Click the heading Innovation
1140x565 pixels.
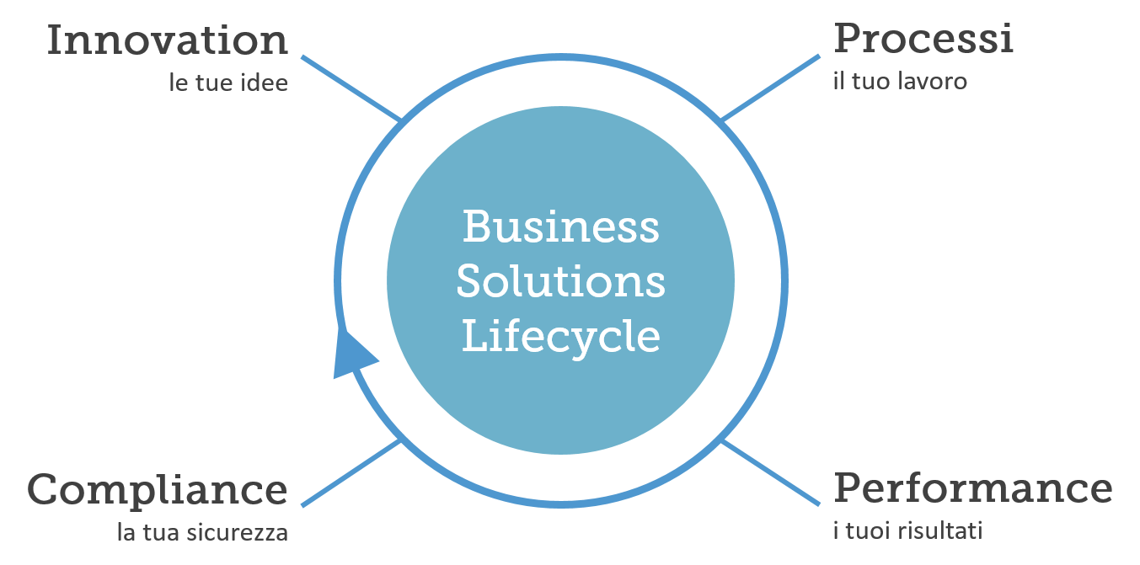[x=168, y=40]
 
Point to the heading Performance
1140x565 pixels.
[x=973, y=488]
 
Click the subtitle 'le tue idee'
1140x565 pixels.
[x=228, y=83]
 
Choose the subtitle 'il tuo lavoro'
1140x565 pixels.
[x=900, y=82]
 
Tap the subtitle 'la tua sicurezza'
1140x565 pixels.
[x=202, y=532]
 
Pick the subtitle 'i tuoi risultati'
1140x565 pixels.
[x=908, y=530]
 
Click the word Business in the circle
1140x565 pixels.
[x=561, y=227]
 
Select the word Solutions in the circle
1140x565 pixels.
[x=561, y=280]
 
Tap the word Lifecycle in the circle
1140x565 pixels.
[x=561, y=338]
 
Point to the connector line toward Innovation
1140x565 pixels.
[x=351, y=88]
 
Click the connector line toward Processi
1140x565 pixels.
[x=770, y=88]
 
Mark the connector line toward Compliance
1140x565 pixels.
[x=351, y=473]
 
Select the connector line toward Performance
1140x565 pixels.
[x=770, y=472]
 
